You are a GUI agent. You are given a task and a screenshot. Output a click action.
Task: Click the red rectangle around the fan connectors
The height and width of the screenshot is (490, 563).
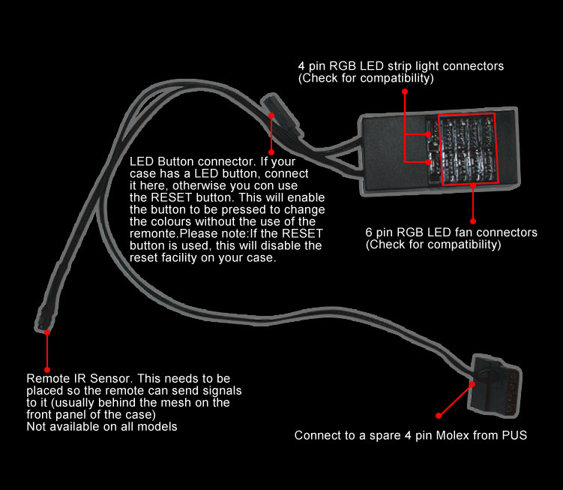coord(467,149)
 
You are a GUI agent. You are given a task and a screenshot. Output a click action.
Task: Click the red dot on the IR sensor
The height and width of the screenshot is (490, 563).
coord(47,331)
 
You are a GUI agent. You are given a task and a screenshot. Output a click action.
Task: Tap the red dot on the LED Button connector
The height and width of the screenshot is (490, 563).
coord(270,115)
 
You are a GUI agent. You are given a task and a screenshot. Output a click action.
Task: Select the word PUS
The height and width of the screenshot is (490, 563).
coord(514,435)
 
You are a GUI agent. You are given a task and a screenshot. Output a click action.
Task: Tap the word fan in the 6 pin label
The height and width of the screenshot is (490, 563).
coord(451,233)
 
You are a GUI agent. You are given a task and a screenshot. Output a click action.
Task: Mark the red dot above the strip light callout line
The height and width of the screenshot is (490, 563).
coord(405,91)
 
